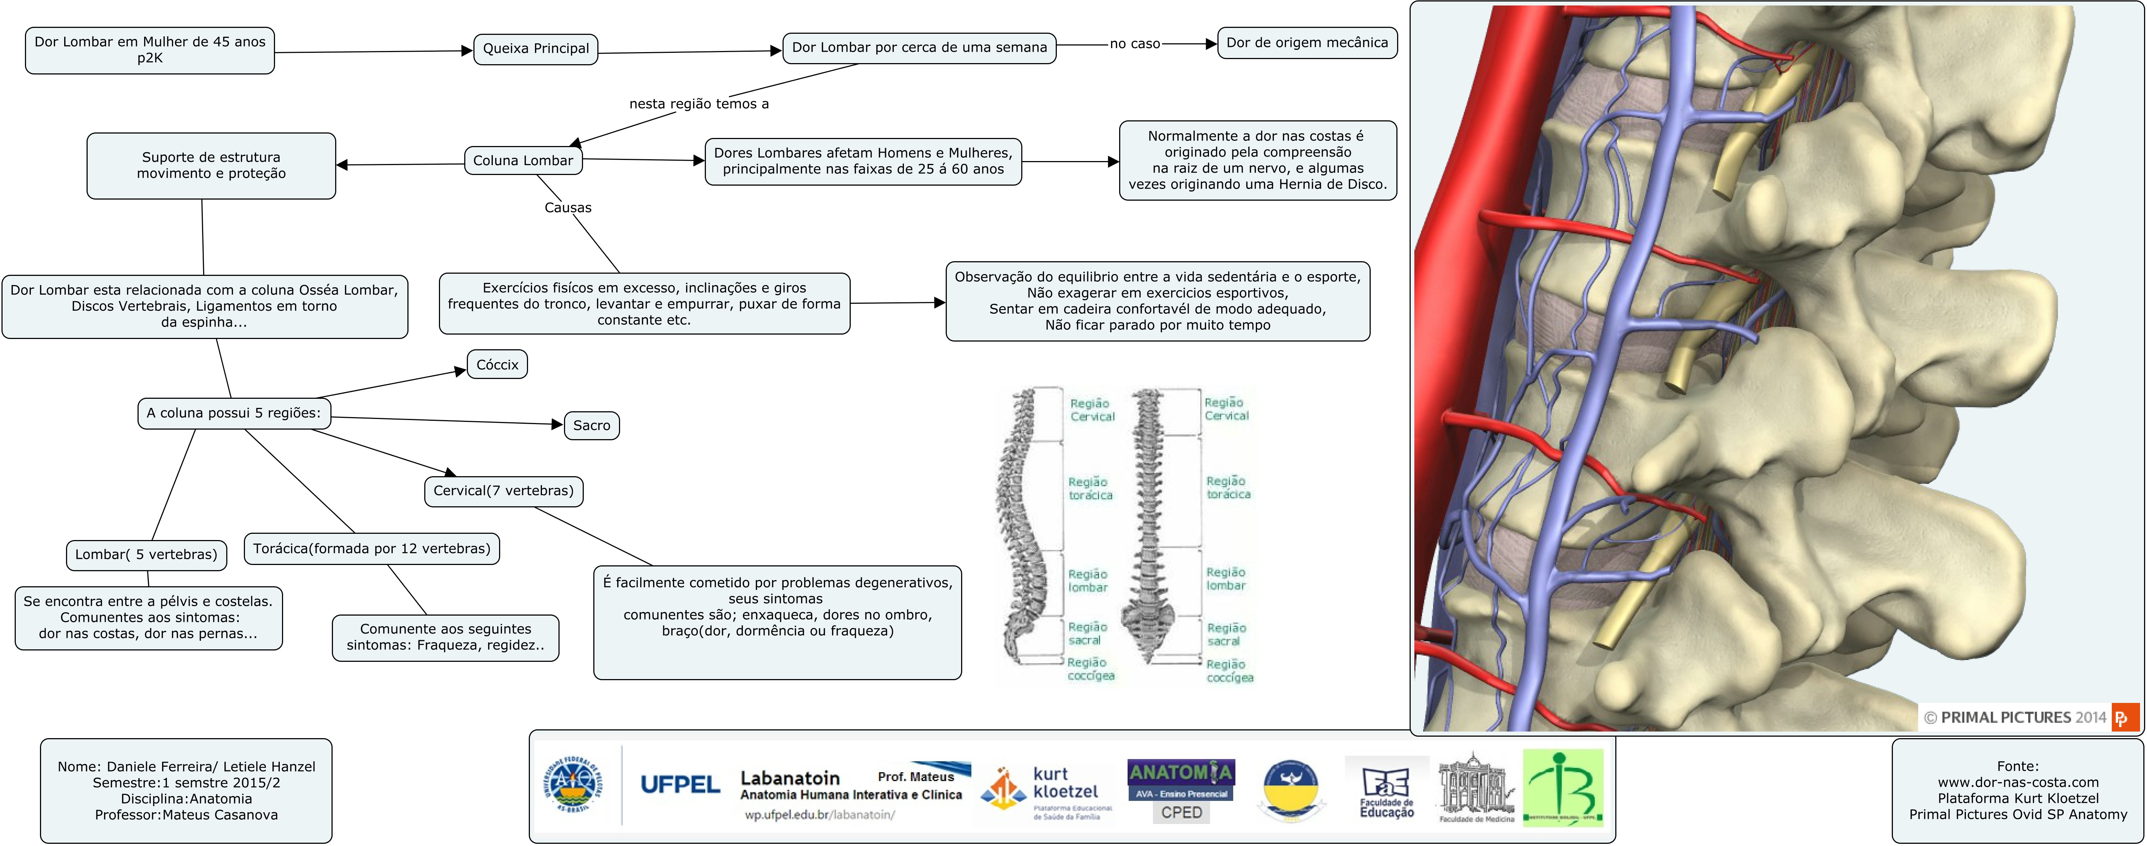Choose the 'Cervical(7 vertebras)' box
(503, 490)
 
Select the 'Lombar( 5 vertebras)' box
(146, 554)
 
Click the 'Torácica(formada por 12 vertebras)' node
(372, 548)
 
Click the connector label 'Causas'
(568, 208)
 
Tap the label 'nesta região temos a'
(699, 103)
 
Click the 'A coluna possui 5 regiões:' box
(233, 413)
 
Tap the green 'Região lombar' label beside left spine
(1088, 580)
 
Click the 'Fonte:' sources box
(2017, 790)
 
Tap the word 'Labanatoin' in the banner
(789, 778)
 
